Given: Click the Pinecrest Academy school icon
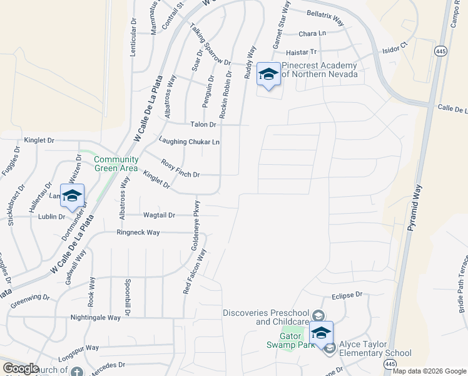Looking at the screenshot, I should coord(268,75).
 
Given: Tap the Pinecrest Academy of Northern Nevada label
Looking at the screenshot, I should coord(319,70).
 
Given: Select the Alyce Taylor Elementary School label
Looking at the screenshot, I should coord(375,348).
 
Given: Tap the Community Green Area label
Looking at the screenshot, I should coord(116,164).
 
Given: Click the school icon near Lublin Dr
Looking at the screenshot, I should coord(72,196).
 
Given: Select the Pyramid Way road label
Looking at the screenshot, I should coord(415,207).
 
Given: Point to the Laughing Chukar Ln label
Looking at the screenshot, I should coord(190,142).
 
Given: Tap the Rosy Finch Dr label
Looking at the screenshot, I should coord(180,169).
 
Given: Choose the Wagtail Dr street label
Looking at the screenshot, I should coord(159,215).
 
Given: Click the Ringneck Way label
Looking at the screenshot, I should coord(138,232).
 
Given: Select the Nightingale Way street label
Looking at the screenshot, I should coord(96,318).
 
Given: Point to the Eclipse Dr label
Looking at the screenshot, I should coord(347,294).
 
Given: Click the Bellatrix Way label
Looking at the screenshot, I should coord(325,18).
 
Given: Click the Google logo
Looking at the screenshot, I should coord(21,368).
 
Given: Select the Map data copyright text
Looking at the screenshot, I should coord(429,371).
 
